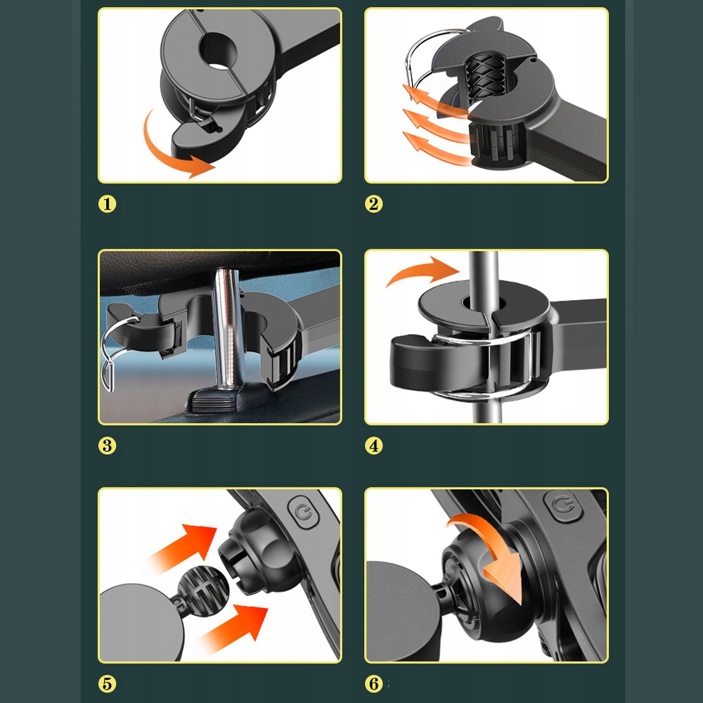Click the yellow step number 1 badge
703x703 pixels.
tap(107, 204)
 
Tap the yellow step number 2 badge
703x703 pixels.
tap(374, 204)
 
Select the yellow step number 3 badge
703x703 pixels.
tap(107, 446)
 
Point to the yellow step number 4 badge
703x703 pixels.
tap(374, 446)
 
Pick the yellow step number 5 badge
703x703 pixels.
tap(107, 684)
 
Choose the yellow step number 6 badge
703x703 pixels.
tap(374, 684)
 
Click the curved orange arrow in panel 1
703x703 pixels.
tap(162, 155)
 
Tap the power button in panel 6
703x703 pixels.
tap(562, 505)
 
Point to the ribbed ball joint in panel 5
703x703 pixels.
tap(203, 591)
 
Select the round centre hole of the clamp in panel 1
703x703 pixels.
tap(219, 50)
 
